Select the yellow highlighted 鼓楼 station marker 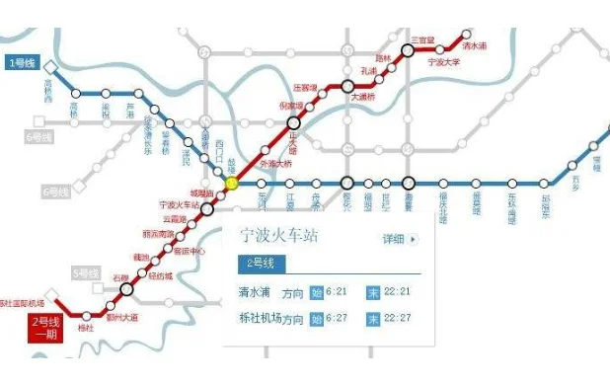[x=232, y=183]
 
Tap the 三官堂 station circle [x=408, y=49]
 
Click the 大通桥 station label [x=364, y=98]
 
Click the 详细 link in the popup [x=400, y=239]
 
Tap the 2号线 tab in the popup [x=262, y=264]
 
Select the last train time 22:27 [x=398, y=319]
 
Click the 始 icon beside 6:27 [x=316, y=319]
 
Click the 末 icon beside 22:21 [x=373, y=291]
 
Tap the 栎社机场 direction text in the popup [x=260, y=319]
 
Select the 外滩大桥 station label [x=275, y=163]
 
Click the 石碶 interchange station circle [x=126, y=289]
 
